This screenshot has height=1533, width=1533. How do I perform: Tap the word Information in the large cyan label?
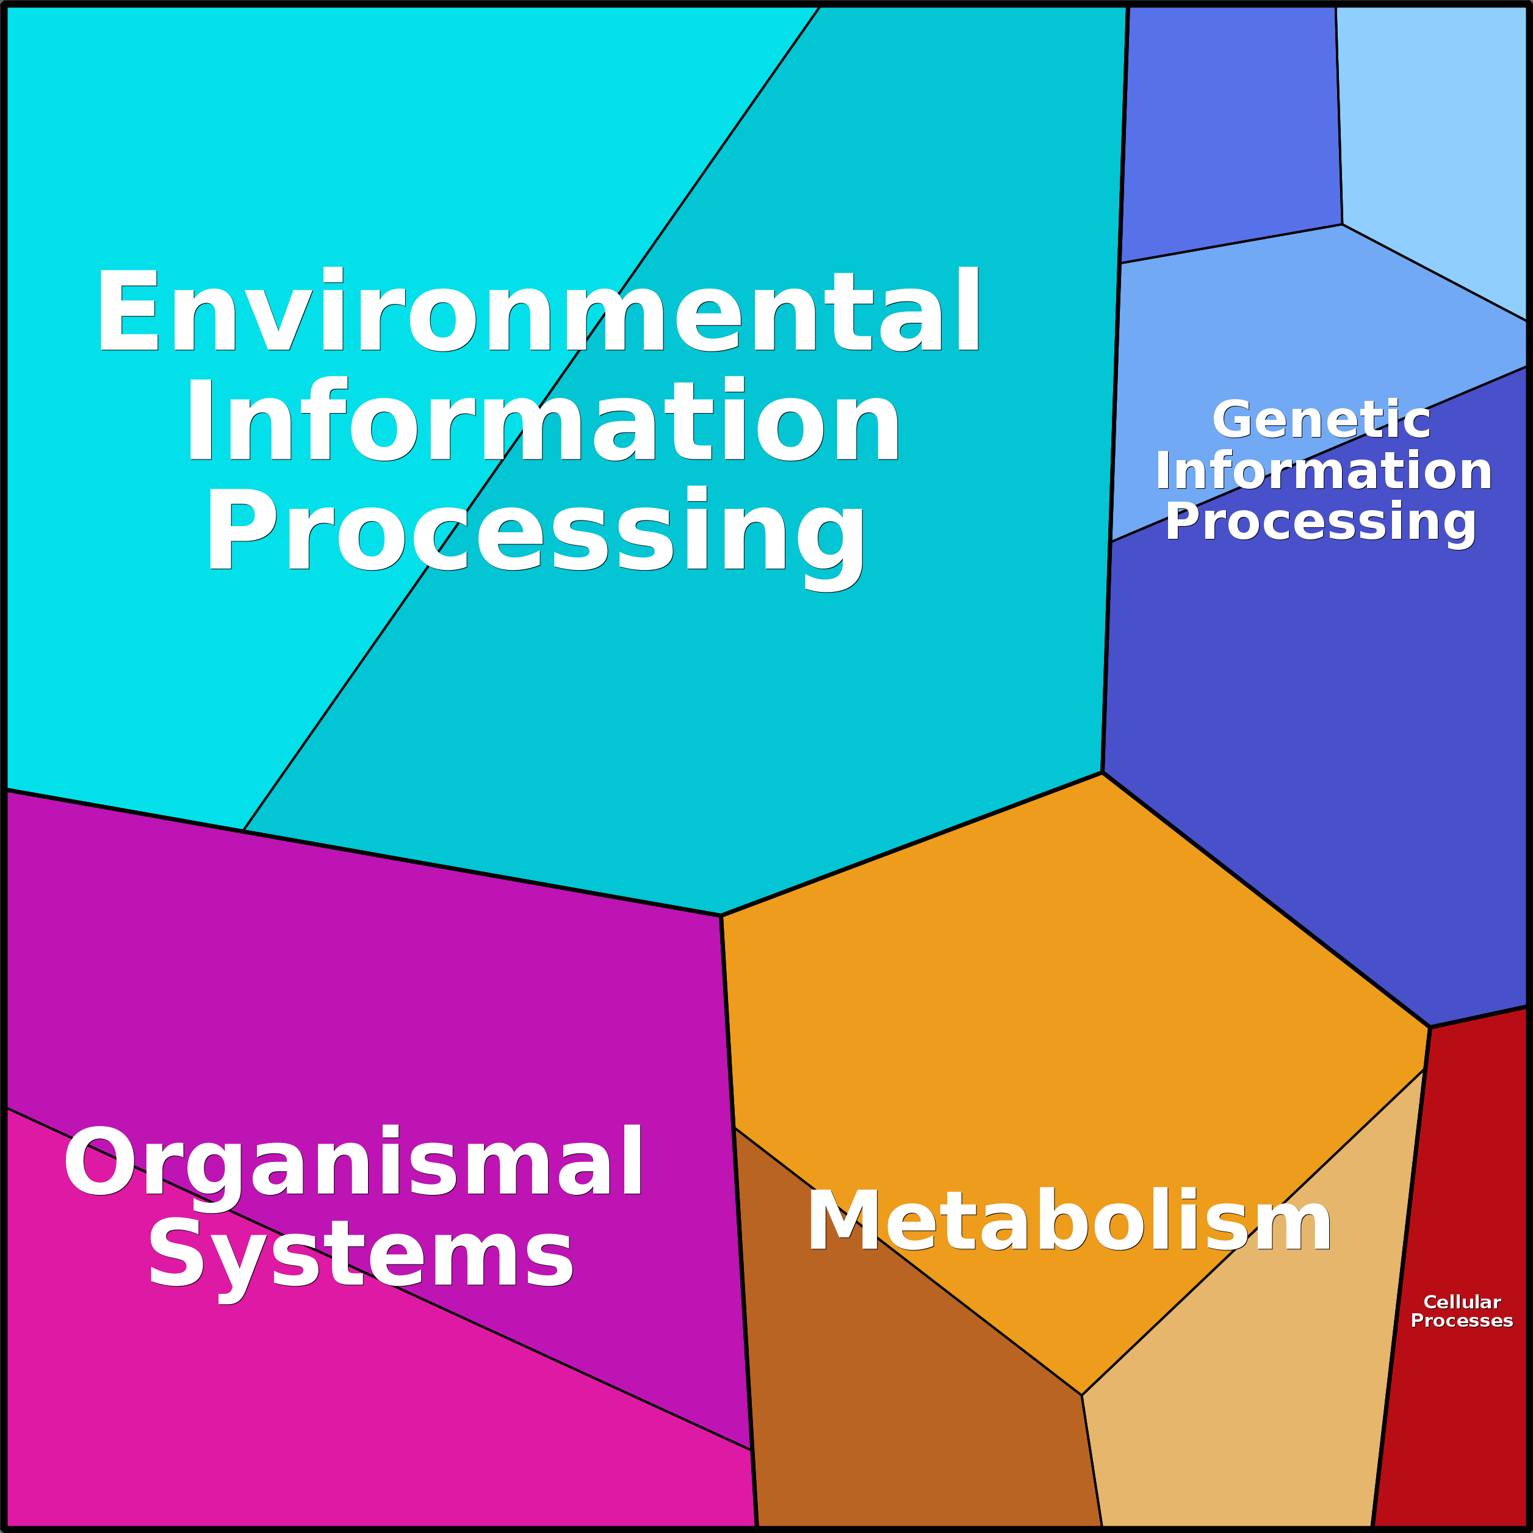543,420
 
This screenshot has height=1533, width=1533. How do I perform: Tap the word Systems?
361,1263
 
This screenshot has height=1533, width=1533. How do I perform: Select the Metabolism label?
1069,1221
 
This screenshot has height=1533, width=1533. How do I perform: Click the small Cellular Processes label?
1462,1311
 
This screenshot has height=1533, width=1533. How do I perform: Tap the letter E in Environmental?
128,310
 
